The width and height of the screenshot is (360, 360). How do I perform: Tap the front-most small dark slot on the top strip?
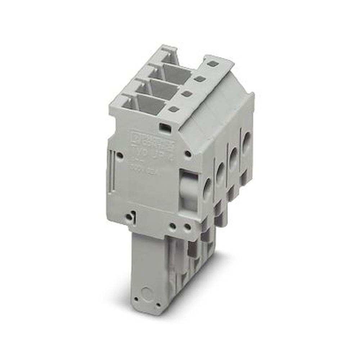tap(174, 109)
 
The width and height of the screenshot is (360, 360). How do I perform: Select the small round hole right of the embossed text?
tap(188, 154)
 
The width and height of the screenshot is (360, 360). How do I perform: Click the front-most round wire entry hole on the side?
tap(207, 189)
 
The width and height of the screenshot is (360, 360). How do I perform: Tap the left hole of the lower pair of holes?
tap(173, 227)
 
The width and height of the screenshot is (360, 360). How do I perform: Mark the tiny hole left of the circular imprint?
tap(136, 298)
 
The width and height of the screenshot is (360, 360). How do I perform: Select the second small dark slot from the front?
tap(186, 94)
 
